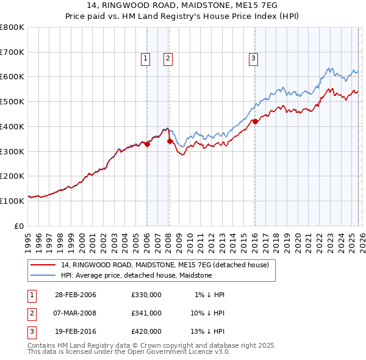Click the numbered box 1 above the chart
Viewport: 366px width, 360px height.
[146, 59]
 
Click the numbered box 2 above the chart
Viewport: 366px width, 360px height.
[168, 59]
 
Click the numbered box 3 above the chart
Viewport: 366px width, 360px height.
[253, 59]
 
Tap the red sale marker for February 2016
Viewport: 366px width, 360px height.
[255, 121]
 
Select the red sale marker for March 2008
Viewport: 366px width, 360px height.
[170, 141]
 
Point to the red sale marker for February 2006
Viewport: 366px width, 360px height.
[147, 144]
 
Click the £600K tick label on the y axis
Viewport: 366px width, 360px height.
[12, 77]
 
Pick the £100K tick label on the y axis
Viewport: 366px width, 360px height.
[12, 201]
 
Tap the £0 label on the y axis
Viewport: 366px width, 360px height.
[19, 226]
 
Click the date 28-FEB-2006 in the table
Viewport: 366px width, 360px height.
[76, 294]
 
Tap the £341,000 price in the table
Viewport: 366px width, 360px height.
[146, 313]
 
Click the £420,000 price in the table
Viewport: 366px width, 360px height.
[146, 332]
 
